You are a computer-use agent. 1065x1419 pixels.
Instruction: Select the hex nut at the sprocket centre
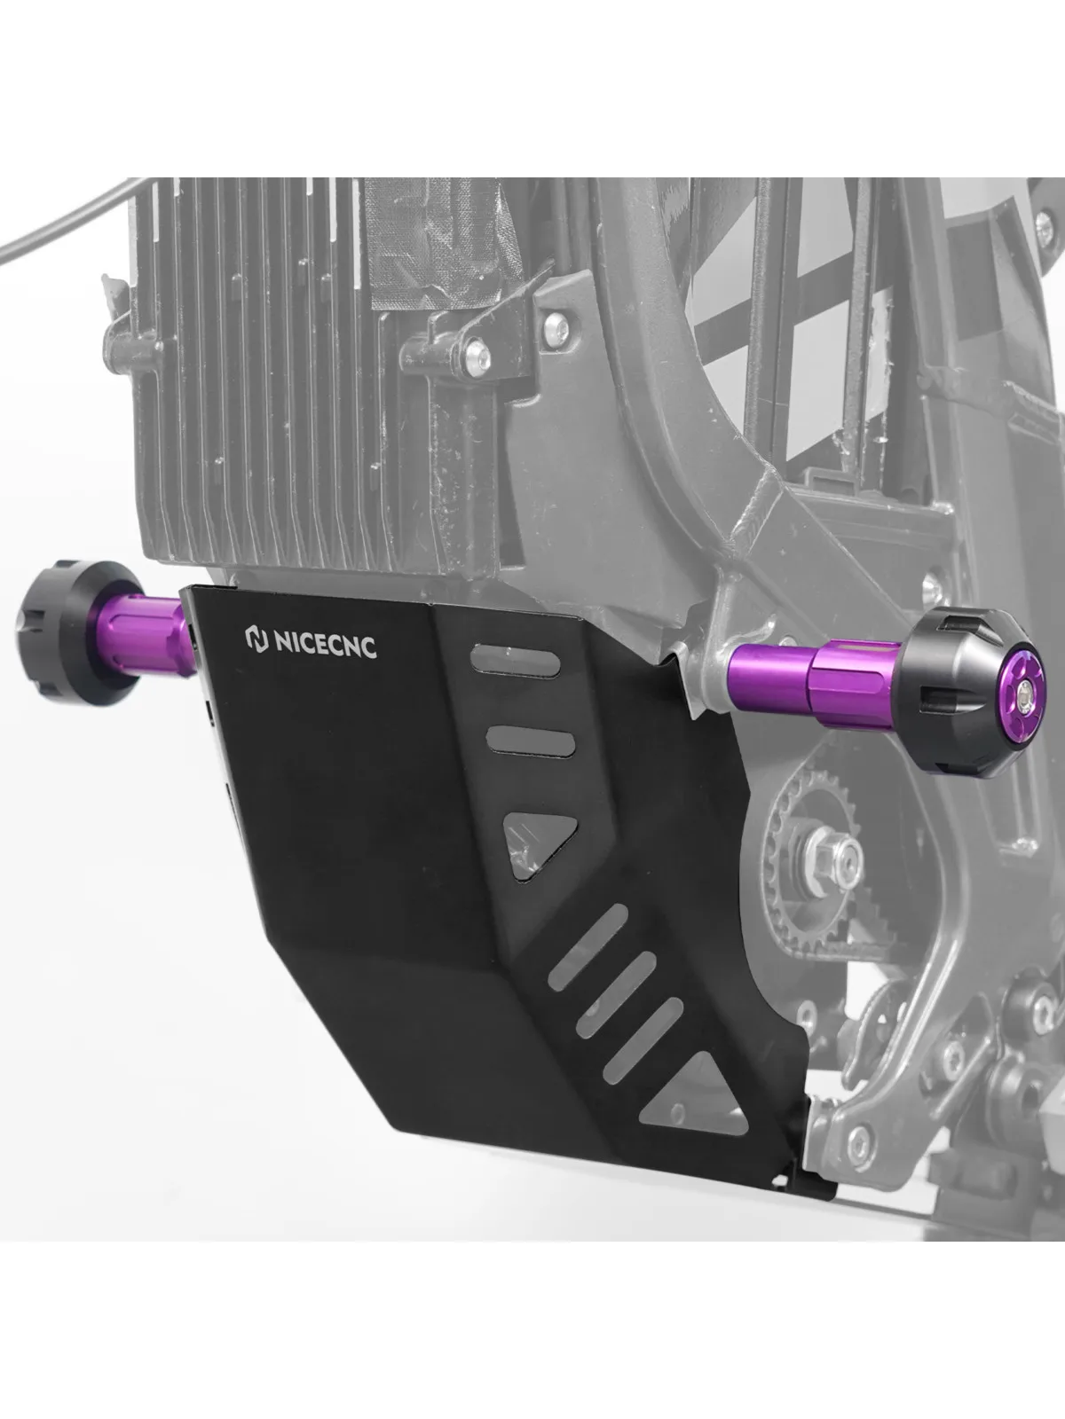click(x=831, y=855)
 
